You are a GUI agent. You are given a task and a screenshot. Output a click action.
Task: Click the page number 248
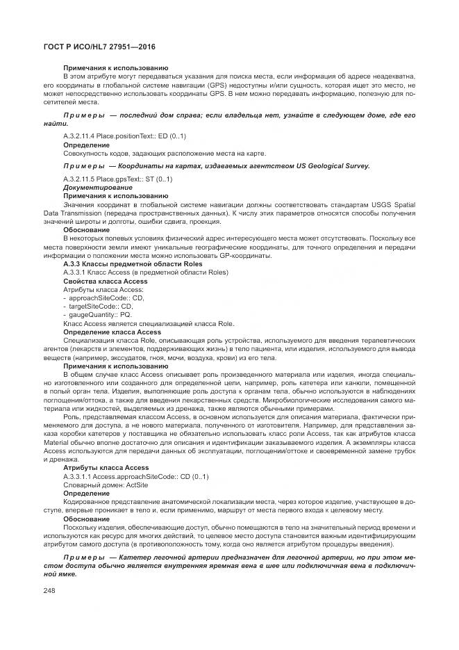51,591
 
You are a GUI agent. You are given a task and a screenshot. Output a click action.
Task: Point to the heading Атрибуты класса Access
106,467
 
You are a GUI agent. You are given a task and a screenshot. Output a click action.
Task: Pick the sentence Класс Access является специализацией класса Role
149,323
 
